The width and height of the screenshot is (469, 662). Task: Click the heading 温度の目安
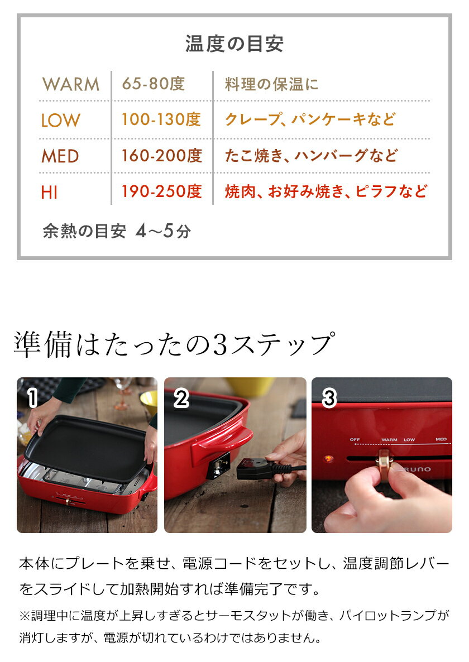pyautogui.click(x=234, y=44)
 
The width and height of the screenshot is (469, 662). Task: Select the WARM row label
pyautogui.click(x=71, y=85)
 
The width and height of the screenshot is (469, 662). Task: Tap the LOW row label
pyautogui.click(x=60, y=120)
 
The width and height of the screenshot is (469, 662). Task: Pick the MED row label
pyautogui.click(x=60, y=156)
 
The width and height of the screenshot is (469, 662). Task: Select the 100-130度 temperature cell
pyautogui.click(x=161, y=119)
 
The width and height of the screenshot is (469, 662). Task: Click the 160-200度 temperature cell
pyautogui.click(x=161, y=156)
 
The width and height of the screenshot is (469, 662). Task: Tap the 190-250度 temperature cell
pyautogui.click(x=161, y=191)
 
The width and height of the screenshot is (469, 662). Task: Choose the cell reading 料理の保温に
pyautogui.click(x=272, y=85)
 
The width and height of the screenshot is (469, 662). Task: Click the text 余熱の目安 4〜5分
pyautogui.click(x=117, y=231)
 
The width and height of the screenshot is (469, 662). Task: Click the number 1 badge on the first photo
pyautogui.click(x=32, y=398)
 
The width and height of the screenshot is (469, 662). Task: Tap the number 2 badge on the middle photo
pyautogui.click(x=181, y=398)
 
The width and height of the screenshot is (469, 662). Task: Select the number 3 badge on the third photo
pyautogui.click(x=329, y=398)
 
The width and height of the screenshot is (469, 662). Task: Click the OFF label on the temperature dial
pyautogui.click(x=355, y=440)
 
